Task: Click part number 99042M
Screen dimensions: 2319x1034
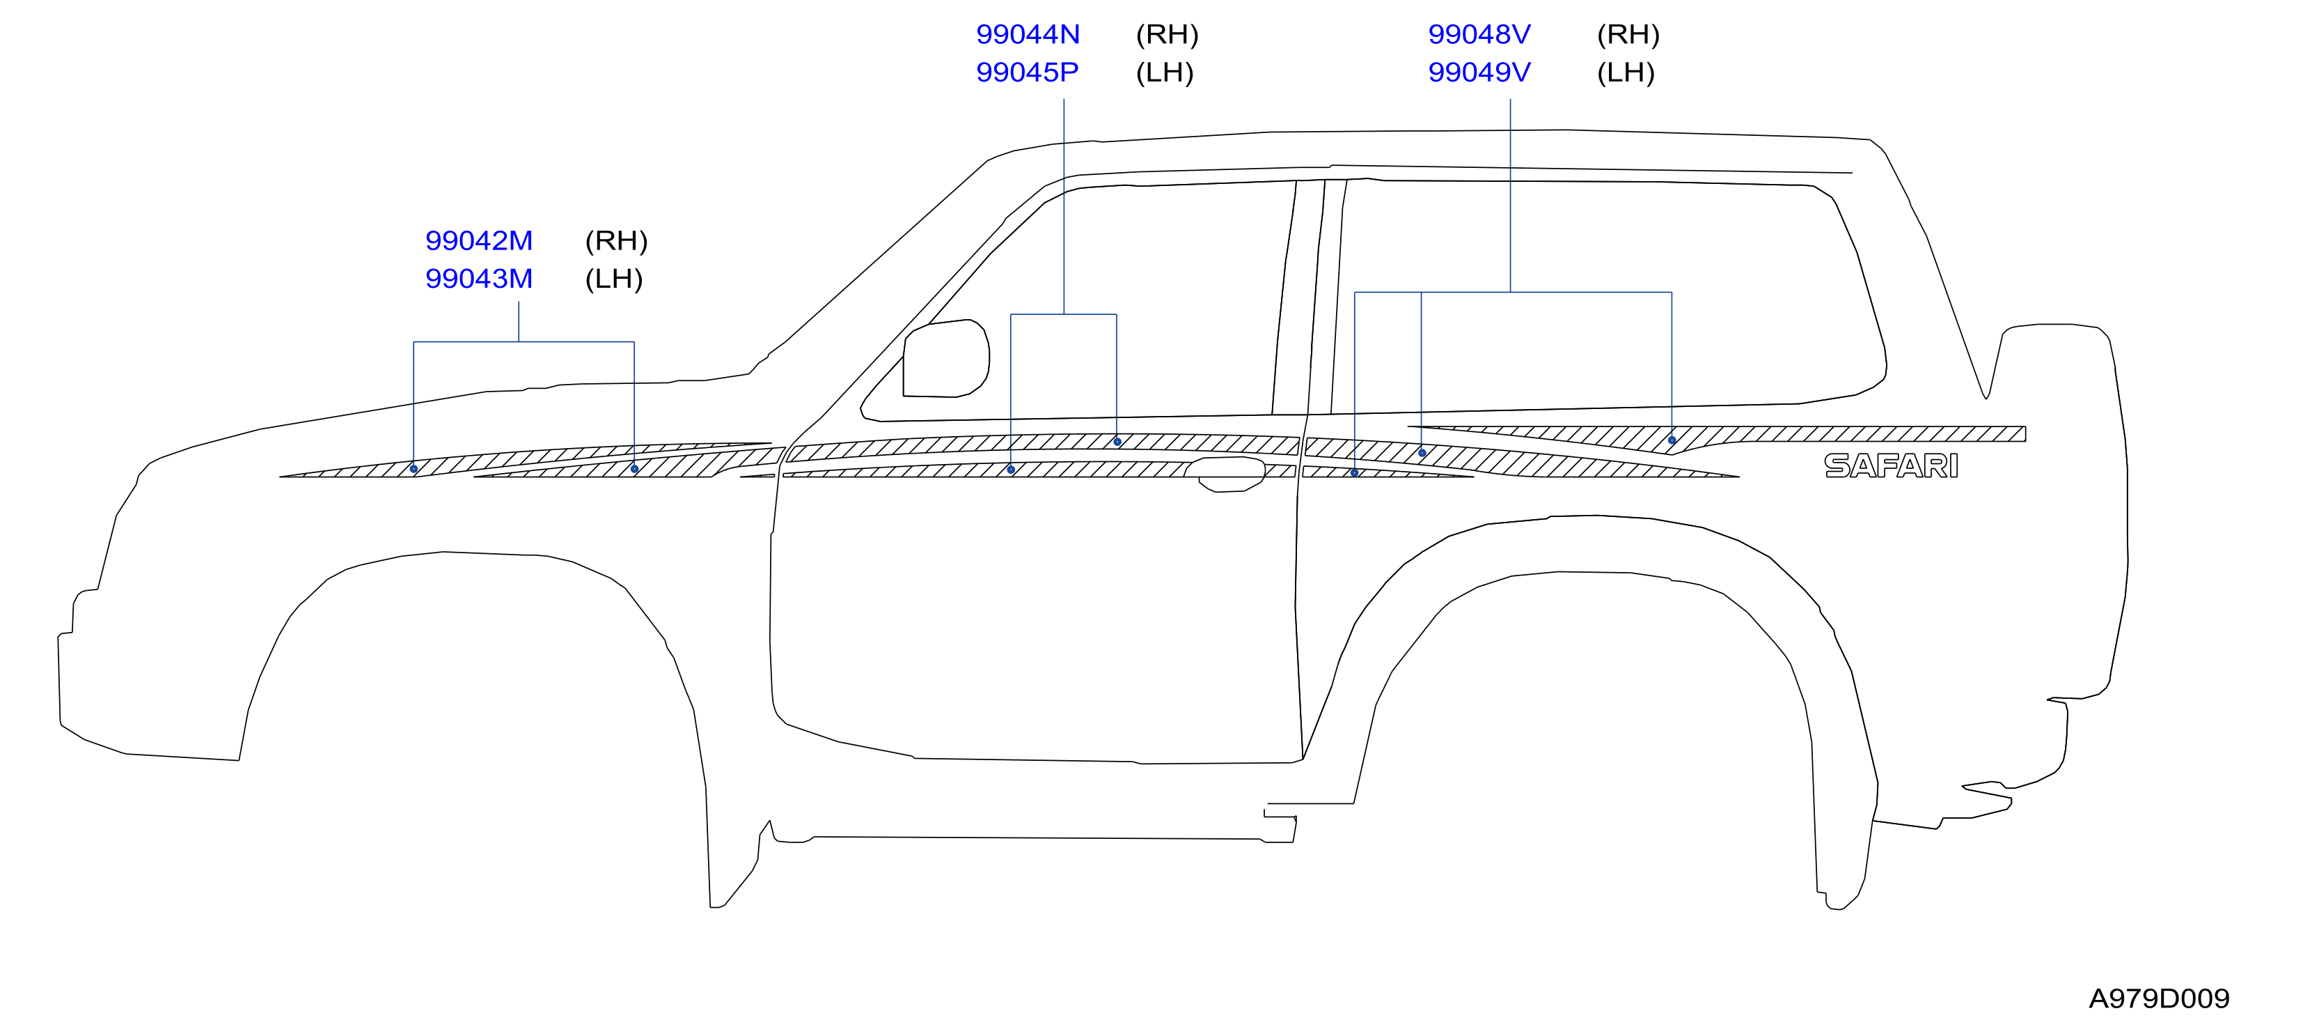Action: pos(478,241)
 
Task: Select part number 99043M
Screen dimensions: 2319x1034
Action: pos(478,279)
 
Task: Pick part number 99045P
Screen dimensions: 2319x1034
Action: pos(1027,73)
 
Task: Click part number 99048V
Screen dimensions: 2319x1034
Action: pos(1479,35)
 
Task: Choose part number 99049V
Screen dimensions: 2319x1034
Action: pos(1479,73)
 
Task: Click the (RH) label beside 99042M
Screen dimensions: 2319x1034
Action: pos(617,241)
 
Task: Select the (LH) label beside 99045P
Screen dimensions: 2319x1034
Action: pos(1165,73)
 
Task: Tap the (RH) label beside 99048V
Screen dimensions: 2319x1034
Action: pos(1628,35)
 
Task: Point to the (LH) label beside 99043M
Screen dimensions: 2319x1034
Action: pos(614,279)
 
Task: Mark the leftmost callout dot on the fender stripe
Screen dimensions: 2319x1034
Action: pos(414,469)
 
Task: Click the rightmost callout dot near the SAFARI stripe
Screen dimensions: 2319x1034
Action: pos(1672,440)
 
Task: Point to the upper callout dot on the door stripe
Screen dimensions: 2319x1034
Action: pos(1117,442)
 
